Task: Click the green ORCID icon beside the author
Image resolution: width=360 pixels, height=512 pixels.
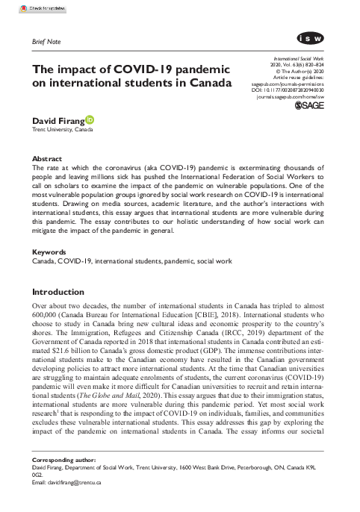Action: click(90, 119)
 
